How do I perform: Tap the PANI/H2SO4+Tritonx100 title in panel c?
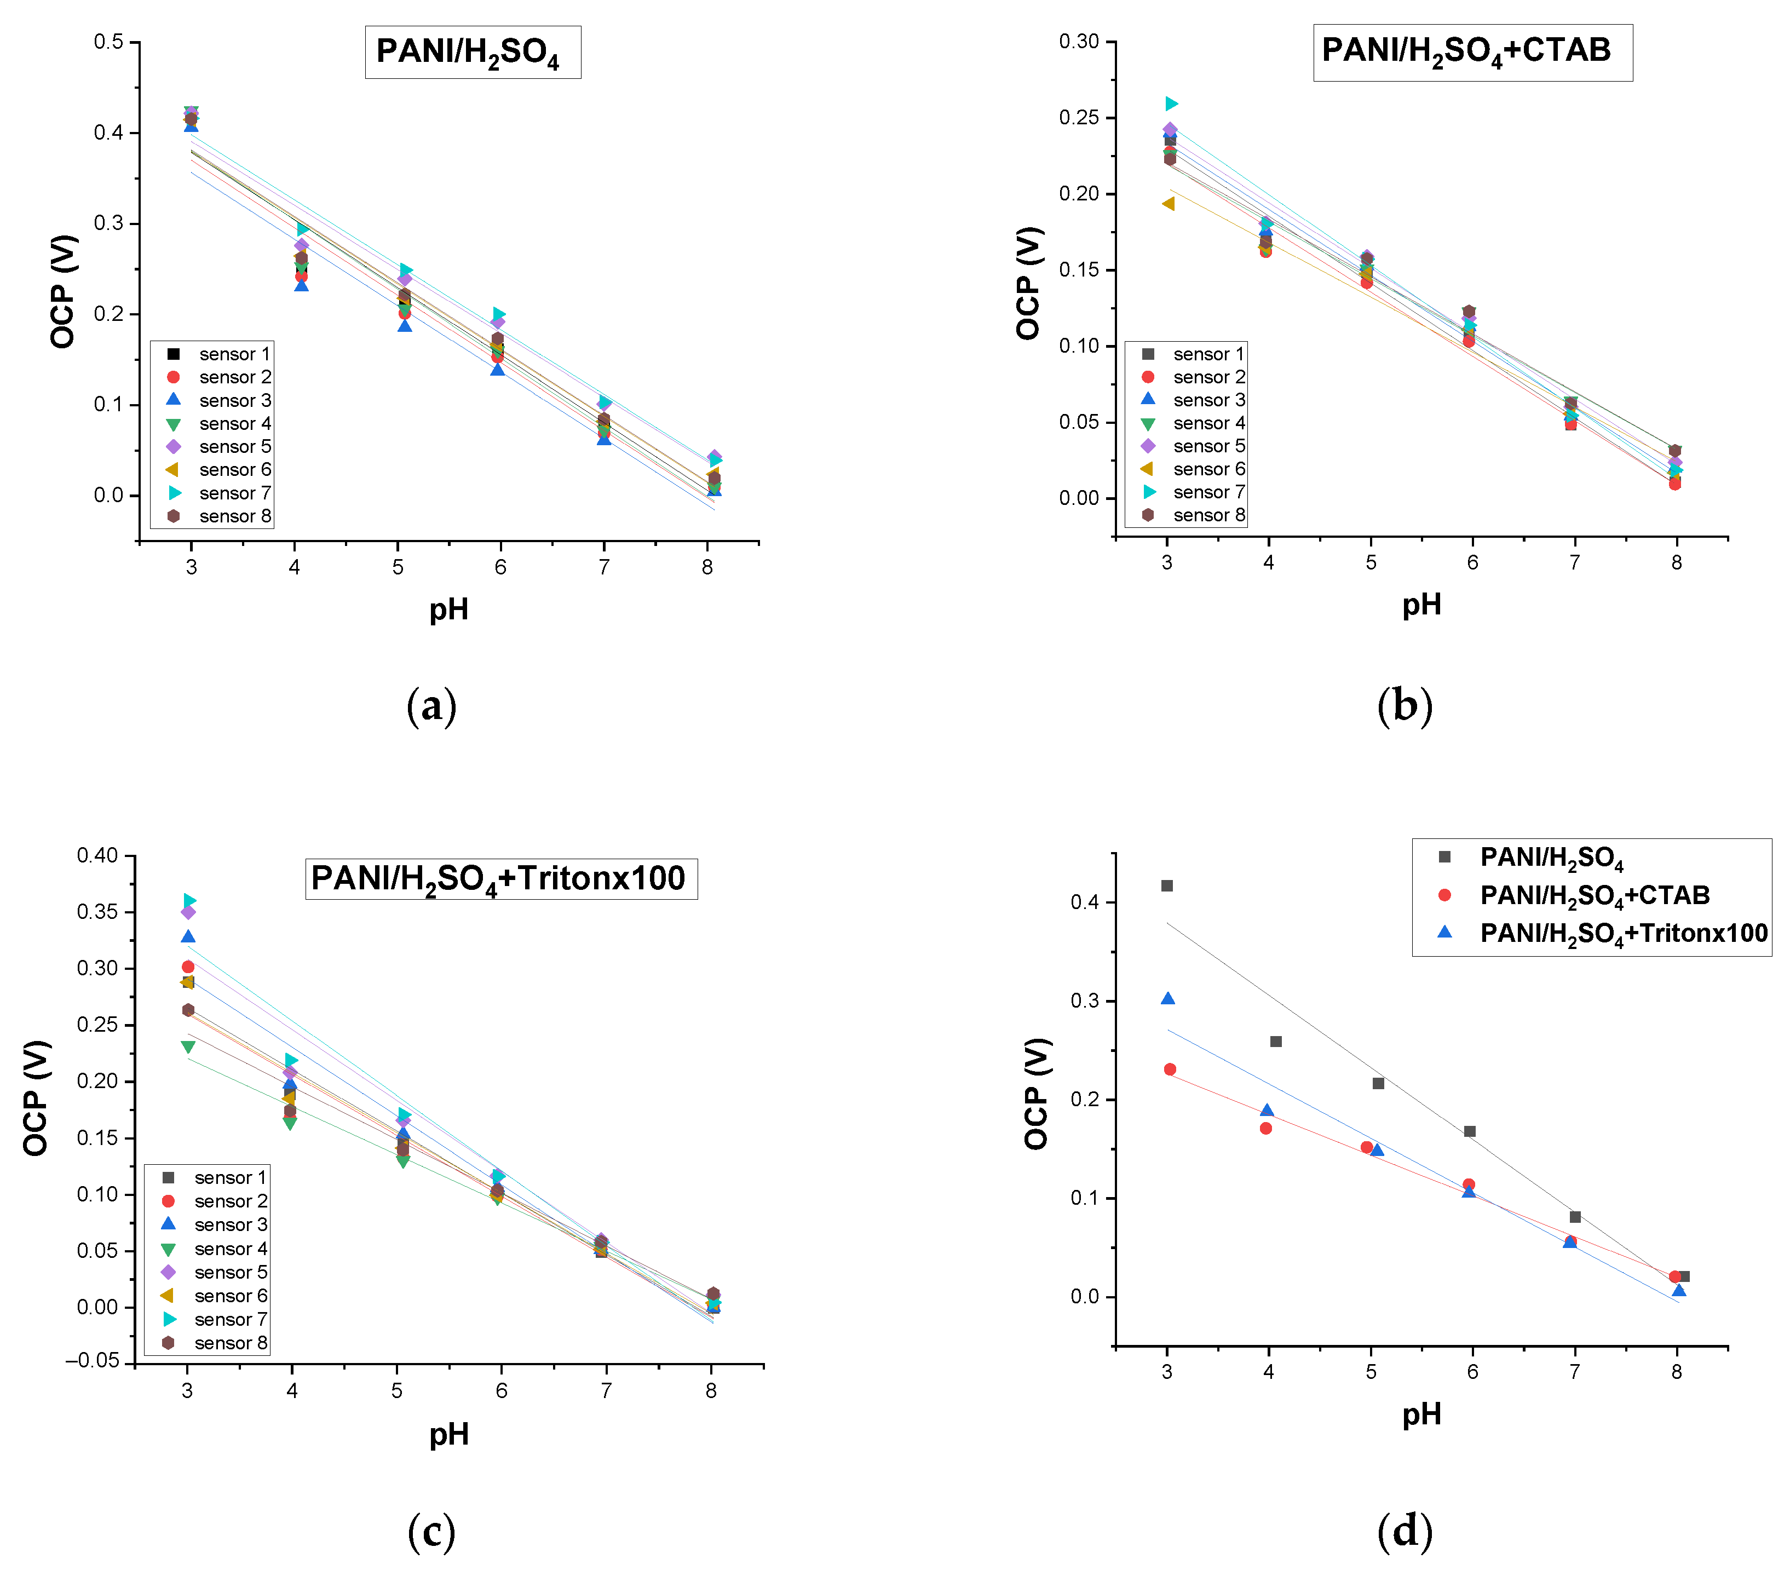(x=501, y=878)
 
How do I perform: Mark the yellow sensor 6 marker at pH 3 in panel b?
(x=1167, y=203)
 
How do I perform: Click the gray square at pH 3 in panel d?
(x=1166, y=885)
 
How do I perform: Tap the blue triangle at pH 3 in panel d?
(x=1167, y=998)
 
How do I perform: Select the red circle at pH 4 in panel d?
(x=1265, y=1128)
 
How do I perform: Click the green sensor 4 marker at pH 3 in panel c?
(x=187, y=1047)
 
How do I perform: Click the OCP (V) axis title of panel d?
(x=1036, y=1093)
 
